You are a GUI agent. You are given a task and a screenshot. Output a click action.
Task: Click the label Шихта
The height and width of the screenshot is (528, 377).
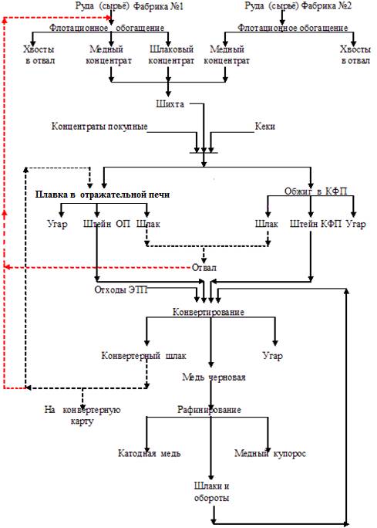(x=170, y=103)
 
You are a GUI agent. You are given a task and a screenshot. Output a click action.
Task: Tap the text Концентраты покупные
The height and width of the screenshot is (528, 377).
(x=99, y=127)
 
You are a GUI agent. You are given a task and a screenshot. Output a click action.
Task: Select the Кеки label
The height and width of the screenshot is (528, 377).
(x=264, y=127)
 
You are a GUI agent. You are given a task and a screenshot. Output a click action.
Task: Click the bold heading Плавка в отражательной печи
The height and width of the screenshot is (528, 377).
(x=103, y=195)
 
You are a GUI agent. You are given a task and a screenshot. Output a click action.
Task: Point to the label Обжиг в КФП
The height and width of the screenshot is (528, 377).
(x=316, y=191)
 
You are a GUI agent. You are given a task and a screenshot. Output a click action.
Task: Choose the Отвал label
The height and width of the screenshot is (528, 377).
(x=204, y=268)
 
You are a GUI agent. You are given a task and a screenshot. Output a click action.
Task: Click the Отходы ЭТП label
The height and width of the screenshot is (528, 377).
(x=121, y=289)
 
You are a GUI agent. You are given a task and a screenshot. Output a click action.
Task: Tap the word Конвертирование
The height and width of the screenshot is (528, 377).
(x=208, y=312)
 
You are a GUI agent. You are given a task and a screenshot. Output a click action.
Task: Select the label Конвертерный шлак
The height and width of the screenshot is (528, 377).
(x=143, y=356)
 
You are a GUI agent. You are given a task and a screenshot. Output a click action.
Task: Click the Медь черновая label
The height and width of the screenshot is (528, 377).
(x=214, y=377)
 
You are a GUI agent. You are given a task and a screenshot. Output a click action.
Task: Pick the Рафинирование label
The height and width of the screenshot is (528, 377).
(x=209, y=410)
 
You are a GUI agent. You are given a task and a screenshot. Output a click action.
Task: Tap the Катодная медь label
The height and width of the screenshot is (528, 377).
(x=149, y=453)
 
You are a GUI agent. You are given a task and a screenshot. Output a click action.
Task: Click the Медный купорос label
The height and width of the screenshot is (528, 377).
(x=270, y=453)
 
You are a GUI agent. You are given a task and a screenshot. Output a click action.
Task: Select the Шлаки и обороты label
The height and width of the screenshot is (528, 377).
(x=211, y=492)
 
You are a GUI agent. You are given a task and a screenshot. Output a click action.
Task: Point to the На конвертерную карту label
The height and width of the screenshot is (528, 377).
(x=82, y=415)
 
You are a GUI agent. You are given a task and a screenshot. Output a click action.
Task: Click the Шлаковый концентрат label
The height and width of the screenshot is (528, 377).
(x=171, y=55)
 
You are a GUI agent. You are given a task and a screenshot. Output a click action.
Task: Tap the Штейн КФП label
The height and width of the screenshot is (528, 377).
(x=315, y=224)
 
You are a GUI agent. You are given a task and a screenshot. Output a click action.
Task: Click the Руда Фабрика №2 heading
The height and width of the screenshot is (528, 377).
(x=298, y=5)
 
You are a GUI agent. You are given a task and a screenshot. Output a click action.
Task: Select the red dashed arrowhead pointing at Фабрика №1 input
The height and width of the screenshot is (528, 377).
(x=108, y=18)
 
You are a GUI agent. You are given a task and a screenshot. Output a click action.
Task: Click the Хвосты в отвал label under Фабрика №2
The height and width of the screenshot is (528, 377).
(x=355, y=55)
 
